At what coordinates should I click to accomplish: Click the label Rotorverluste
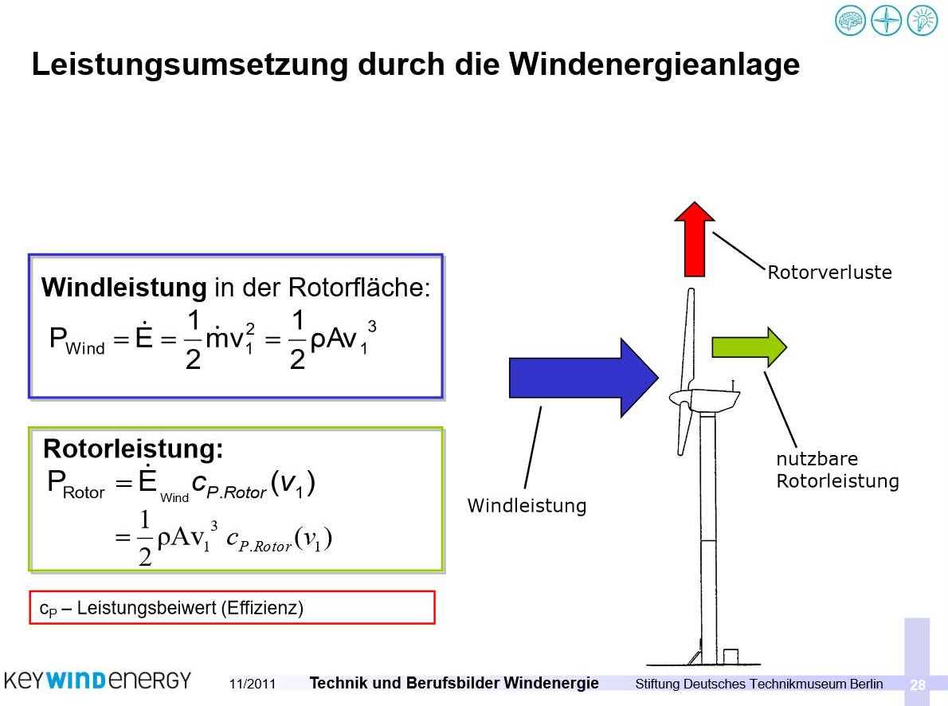pyautogui.click(x=829, y=273)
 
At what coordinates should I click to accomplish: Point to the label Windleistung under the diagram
pyautogui.click(x=527, y=505)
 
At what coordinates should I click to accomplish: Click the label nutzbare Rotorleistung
pyautogui.click(x=836, y=470)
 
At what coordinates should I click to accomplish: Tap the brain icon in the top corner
pyautogui.click(x=849, y=20)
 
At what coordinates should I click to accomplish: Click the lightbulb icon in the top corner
pyautogui.click(x=922, y=20)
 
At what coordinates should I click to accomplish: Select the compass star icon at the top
pyautogui.click(x=886, y=20)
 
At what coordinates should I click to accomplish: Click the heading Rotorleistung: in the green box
pyautogui.click(x=133, y=449)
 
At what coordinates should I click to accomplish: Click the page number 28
pyautogui.click(x=918, y=684)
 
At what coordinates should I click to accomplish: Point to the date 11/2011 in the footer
pyautogui.click(x=252, y=684)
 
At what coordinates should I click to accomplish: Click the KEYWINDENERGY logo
pyautogui.click(x=97, y=681)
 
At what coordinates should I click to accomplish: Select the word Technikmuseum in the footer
pyautogui.click(x=797, y=684)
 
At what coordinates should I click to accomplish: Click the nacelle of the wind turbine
pyautogui.click(x=713, y=398)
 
